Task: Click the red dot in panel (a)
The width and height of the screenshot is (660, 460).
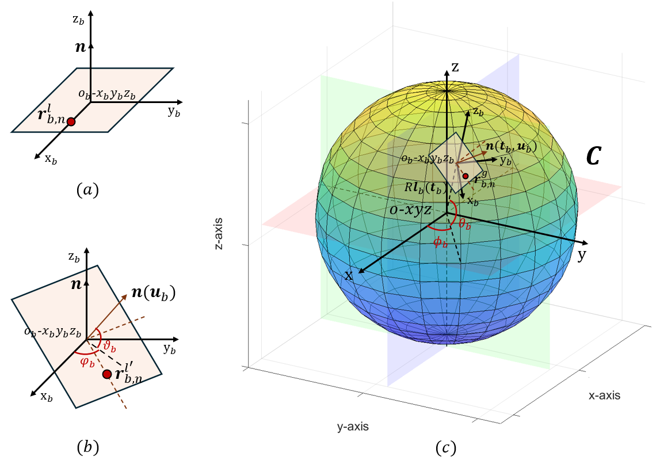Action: [71, 122]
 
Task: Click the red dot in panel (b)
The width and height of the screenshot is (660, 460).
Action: [106, 374]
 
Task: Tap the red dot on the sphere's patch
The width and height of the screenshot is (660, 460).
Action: [466, 175]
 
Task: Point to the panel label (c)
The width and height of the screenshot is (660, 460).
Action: [443, 447]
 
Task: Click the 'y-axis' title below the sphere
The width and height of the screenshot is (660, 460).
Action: [353, 427]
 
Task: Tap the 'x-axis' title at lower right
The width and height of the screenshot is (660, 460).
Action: [604, 396]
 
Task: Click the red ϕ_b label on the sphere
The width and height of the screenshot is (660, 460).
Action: [440, 242]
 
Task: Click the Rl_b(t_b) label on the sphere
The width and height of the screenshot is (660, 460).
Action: [426, 188]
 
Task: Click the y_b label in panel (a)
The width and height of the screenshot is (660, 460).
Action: [174, 112]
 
